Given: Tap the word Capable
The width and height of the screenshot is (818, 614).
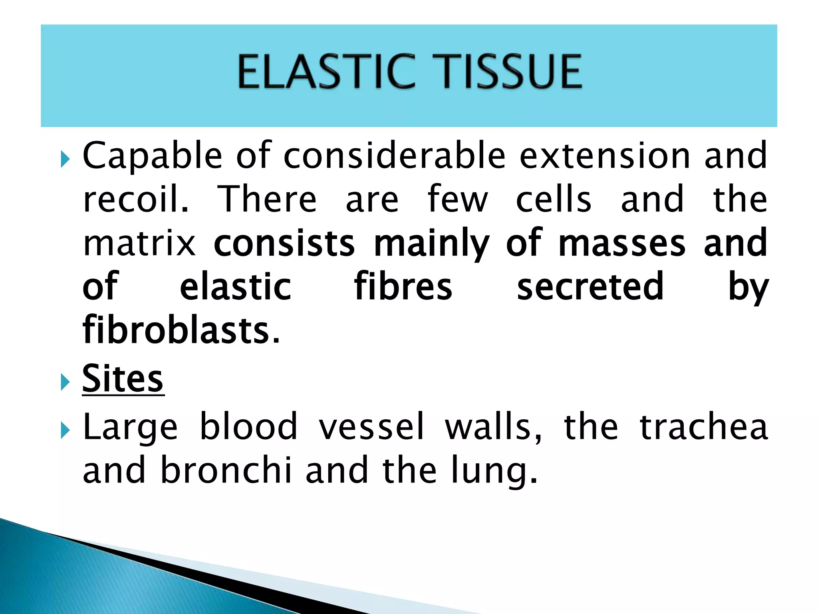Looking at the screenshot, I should click(x=152, y=157).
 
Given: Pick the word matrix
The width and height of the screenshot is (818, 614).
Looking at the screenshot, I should click(x=139, y=244).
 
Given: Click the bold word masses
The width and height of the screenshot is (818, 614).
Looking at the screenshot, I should click(x=621, y=244).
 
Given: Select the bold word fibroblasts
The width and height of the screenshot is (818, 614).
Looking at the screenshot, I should click(x=181, y=330).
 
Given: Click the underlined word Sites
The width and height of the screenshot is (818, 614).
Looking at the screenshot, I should click(x=123, y=379).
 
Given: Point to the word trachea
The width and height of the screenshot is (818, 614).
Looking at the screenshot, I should click(x=704, y=427).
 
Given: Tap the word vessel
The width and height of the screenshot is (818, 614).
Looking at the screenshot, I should click(x=371, y=427).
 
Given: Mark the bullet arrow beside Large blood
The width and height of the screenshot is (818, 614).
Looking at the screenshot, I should click(x=65, y=431).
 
